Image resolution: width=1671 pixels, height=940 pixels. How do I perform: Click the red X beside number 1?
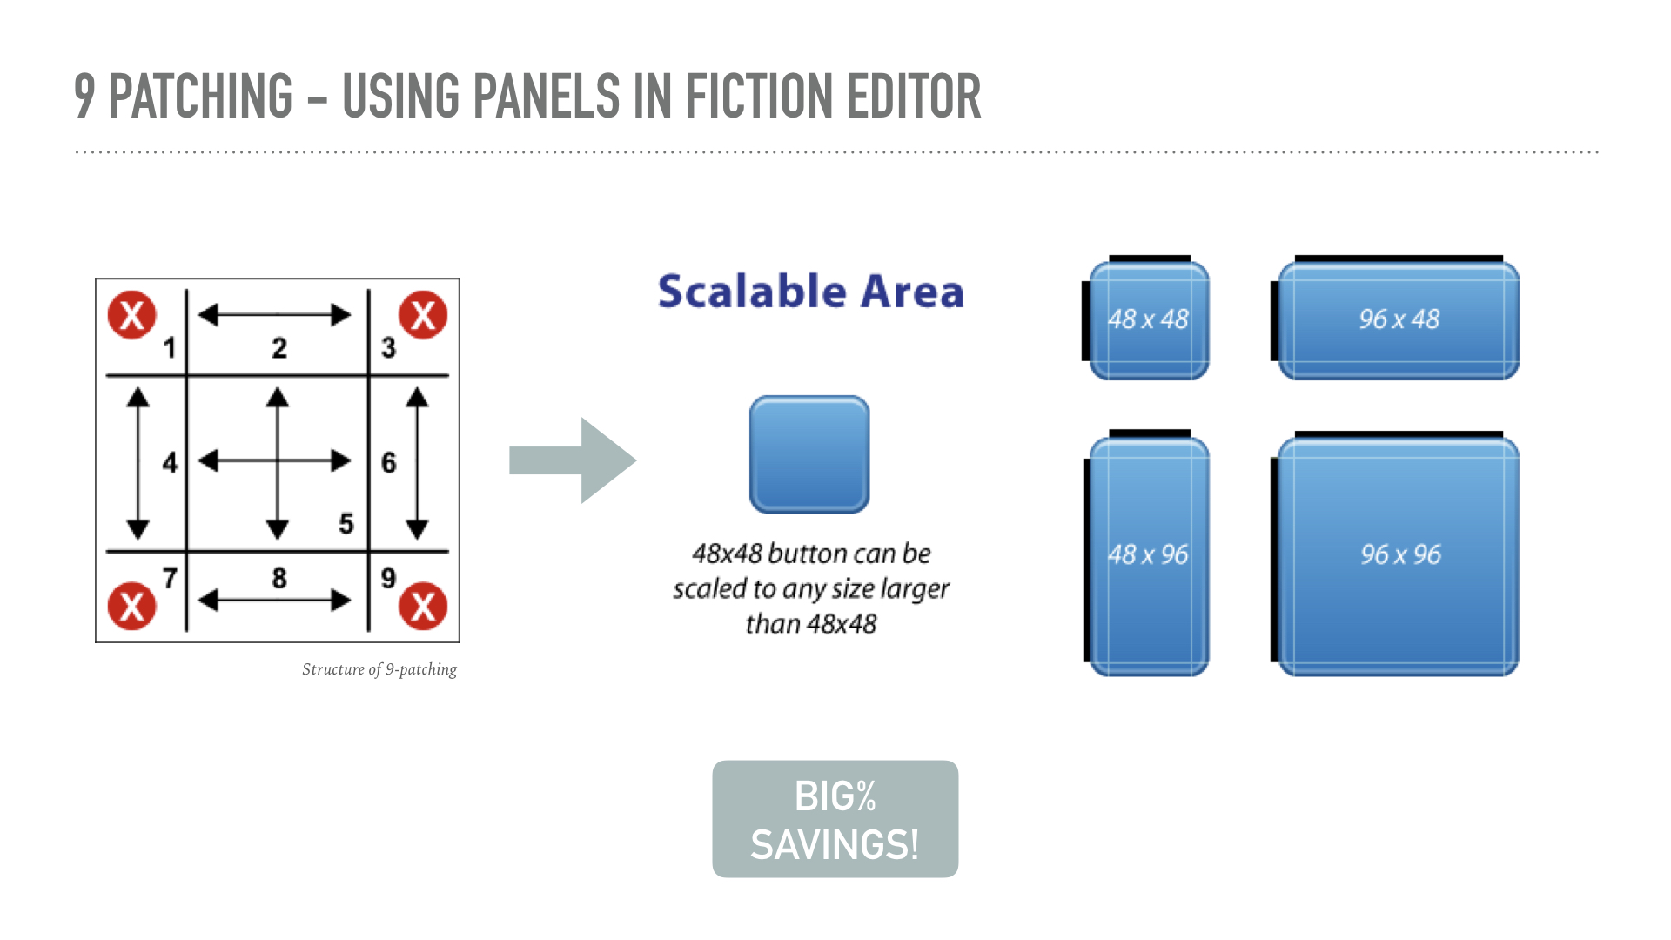[x=131, y=315]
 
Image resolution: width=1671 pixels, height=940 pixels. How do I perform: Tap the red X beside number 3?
[x=423, y=315]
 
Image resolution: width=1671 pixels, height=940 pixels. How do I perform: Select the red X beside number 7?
[x=131, y=606]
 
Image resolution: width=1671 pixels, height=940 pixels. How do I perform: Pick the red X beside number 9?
[x=423, y=606]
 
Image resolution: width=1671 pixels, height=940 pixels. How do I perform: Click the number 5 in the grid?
[x=346, y=524]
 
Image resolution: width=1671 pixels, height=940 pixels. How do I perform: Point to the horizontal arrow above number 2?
[x=275, y=314]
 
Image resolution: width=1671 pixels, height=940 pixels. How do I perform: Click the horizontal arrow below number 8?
[x=275, y=600]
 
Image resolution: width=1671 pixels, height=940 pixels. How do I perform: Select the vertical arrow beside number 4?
[x=138, y=463]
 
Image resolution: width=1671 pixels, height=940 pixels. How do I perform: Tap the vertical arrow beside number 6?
[x=418, y=463]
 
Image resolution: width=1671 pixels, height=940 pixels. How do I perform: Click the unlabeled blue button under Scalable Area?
[x=809, y=454]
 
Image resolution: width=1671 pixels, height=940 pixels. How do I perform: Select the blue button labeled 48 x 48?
[x=1149, y=320]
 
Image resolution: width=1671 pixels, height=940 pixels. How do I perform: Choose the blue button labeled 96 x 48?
[x=1399, y=320]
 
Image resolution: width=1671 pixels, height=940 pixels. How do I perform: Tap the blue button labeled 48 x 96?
[x=1149, y=555]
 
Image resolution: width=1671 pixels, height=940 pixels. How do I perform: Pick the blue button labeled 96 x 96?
[x=1399, y=555]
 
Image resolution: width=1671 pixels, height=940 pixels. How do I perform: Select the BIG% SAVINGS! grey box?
[x=835, y=819]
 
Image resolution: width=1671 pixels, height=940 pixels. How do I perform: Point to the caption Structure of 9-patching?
[x=379, y=669]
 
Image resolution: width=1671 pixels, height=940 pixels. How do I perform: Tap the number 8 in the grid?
[x=279, y=578]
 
